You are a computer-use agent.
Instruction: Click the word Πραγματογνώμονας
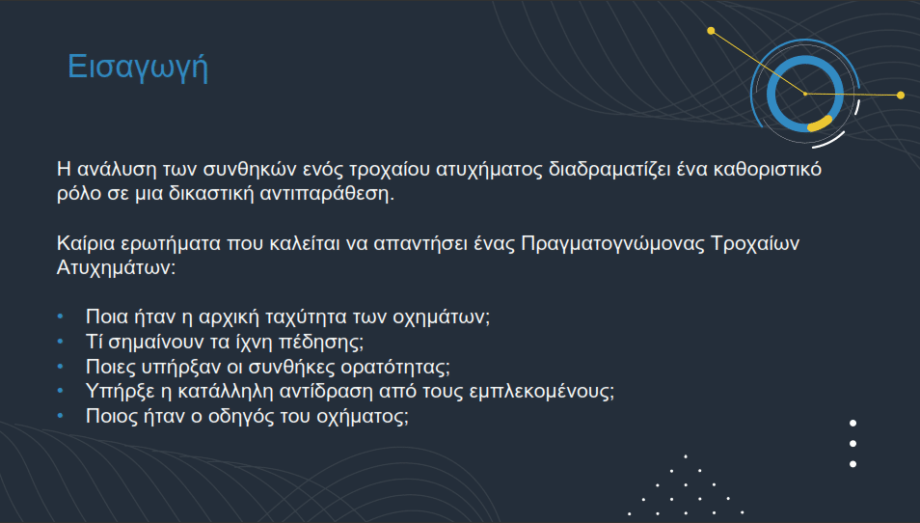612,244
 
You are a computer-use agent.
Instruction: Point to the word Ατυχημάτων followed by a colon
116,268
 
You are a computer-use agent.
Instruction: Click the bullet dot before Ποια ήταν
61,317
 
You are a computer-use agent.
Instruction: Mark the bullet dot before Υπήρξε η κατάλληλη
61,391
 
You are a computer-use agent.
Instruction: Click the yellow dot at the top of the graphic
711,31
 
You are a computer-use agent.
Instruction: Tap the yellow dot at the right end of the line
901,96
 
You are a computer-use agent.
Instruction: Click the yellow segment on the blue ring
820,124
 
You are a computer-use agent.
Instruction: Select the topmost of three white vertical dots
853,424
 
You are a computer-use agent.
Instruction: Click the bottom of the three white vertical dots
853,464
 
